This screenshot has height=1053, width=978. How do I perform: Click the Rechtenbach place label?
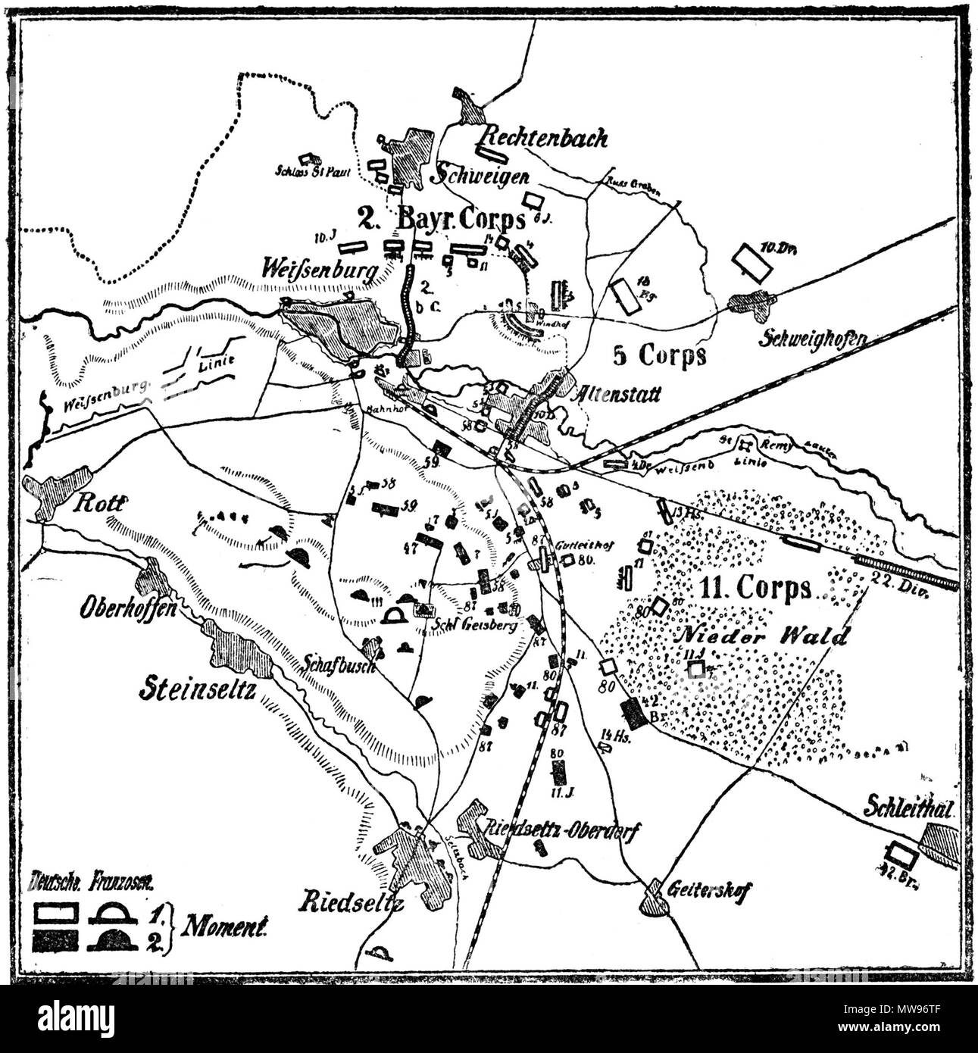(544, 137)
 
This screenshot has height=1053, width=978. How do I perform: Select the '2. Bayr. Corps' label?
(441, 219)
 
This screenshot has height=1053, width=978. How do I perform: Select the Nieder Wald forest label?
(762, 637)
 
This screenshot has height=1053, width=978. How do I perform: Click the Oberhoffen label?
(118, 608)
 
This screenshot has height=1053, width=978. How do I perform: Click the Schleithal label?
(907, 808)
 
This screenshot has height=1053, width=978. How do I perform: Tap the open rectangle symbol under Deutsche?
(56, 911)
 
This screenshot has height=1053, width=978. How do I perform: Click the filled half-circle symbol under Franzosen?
(114, 942)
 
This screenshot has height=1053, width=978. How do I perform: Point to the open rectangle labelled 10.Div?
(751, 261)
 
